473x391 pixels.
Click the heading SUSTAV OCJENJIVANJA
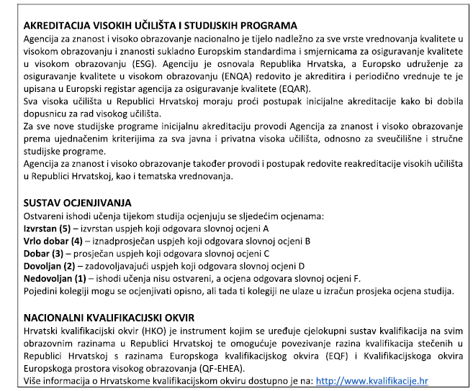coord(78,203)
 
